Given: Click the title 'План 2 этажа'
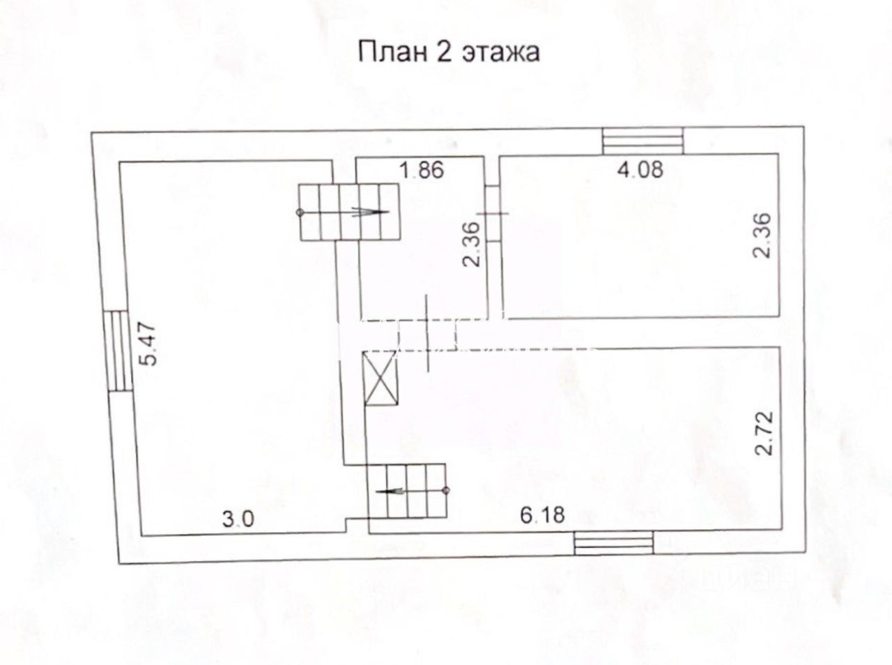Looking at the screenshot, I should (449, 52).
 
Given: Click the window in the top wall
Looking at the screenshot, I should (643, 142).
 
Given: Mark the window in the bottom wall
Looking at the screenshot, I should (614, 544).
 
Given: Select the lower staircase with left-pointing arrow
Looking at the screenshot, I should (407, 491).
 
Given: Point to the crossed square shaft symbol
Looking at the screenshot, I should (381, 379).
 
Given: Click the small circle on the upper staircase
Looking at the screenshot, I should (300, 212).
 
